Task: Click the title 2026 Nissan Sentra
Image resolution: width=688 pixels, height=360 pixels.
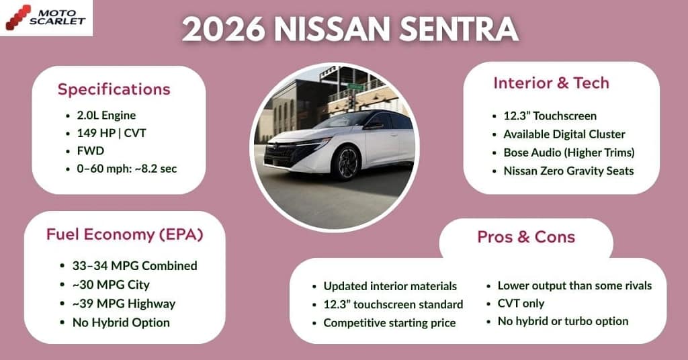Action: tap(350, 30)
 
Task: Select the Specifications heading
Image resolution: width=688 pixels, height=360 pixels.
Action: tap(114, 89)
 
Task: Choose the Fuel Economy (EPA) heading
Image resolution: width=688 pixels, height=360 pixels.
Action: tap(124, 234)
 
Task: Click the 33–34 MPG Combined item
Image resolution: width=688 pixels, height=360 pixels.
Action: tap(134, 265)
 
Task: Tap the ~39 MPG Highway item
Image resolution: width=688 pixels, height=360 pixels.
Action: tap(124, 304)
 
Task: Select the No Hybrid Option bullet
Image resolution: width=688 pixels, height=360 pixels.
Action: tap(121, 322)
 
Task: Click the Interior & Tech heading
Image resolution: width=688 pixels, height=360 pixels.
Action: tap(551, 83)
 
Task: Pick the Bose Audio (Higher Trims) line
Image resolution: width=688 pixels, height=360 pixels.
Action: tap(568, 152)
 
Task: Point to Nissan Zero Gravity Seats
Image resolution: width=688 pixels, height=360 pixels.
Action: tap(568, 171)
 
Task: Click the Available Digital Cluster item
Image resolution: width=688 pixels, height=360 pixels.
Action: tap(564, 134)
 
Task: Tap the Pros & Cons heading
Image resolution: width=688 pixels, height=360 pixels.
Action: tap(526, 237)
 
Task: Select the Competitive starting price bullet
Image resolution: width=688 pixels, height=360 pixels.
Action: tap(389, 323)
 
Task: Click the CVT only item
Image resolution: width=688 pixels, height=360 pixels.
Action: tap(521, 304)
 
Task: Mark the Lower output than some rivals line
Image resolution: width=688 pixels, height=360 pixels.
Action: tap(574, 285)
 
